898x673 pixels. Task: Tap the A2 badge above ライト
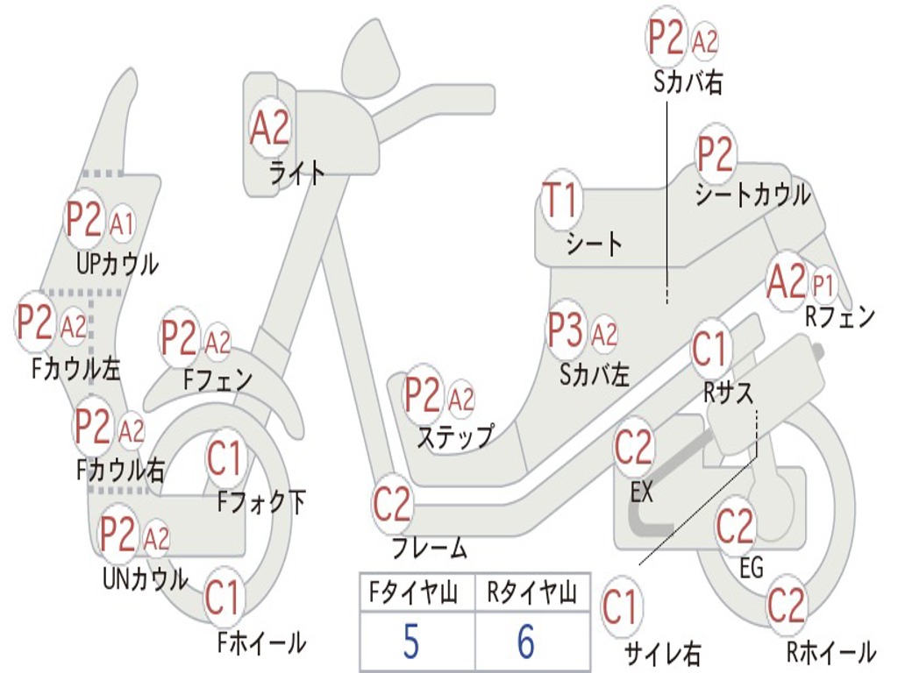coord(269,129)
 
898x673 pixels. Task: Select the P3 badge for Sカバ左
coord(566,330)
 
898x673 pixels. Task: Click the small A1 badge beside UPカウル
coord(122,224)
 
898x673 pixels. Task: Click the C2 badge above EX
coord(634,449)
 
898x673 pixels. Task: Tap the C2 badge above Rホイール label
coord(786,605)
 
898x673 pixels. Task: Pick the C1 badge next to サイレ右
coord(621,606)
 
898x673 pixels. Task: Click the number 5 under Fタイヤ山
coord(410,642)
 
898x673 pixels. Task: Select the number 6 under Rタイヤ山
coord(525,642)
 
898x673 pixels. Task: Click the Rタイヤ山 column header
coord(531,594)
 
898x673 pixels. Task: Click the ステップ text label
coord(454,436)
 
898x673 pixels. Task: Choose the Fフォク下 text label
coord(261,502)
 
